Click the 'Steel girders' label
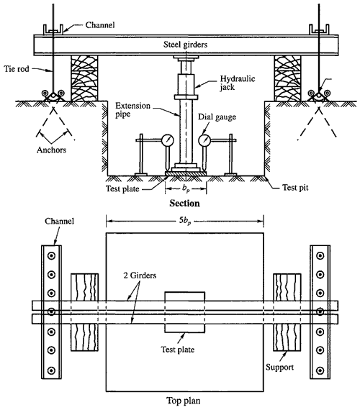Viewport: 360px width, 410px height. coord(185,45)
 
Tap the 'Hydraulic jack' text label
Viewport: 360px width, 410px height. coord(237,83)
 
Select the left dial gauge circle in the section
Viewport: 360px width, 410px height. coord(168,140)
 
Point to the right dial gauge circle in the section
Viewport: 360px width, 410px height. coord(204,140)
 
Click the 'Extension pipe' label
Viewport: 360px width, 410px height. coord(132,110)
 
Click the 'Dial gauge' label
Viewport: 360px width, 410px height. coord(217,117)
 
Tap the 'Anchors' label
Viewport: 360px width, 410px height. coord(51,150)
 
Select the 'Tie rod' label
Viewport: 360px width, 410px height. coord(17,69)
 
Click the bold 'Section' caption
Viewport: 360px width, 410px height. coord(184,203)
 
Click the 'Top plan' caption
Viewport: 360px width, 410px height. coord(184,401)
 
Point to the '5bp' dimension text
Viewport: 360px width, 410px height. coord(185,221)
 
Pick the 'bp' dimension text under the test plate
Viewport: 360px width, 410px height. coord(186,188)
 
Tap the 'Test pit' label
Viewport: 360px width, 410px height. coord(295,188)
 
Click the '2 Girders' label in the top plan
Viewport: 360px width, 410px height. coord(140,275)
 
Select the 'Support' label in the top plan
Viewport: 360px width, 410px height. coord(279,368)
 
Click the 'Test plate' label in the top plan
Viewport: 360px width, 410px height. coord(178,350)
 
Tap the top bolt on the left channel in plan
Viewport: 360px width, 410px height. coord(51,256)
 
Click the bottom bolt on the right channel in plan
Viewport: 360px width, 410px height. coord(320,370)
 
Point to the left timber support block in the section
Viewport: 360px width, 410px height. coord(84,78)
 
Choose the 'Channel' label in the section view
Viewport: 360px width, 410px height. coord(100,25)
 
